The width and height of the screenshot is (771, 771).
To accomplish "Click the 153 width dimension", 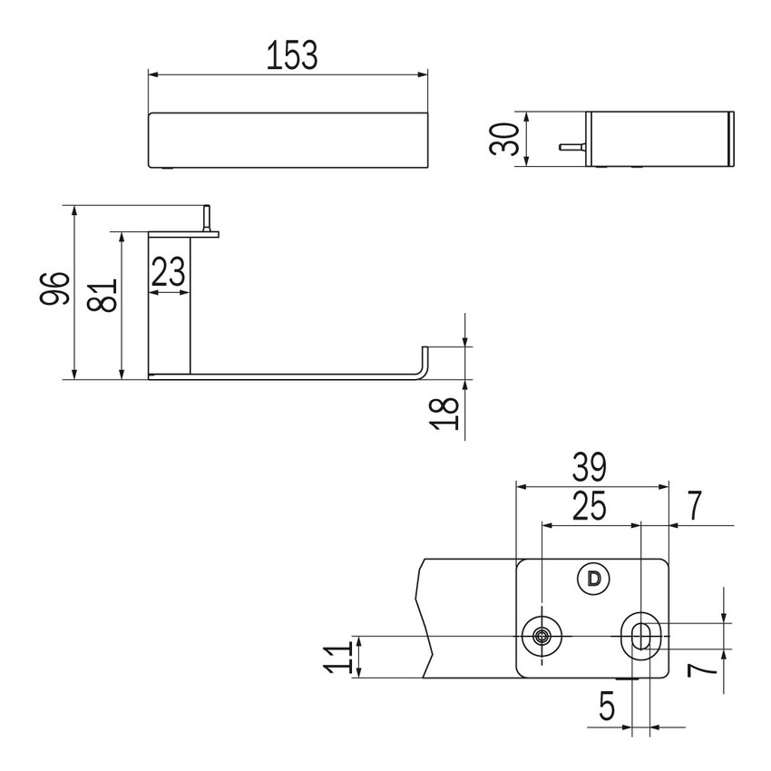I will click(292, 56).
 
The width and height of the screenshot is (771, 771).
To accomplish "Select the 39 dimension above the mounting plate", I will click(590, 467).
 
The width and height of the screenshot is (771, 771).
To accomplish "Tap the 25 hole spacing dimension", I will click(590, 506).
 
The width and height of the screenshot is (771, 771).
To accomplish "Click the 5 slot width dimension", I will click(607, 707).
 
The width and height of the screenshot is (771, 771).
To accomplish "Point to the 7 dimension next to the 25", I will click(694, 506).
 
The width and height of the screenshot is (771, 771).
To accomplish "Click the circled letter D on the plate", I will click(594, 579).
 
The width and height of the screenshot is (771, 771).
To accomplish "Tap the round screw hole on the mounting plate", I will click(542, 636).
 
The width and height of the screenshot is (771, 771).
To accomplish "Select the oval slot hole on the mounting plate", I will click(640, 636).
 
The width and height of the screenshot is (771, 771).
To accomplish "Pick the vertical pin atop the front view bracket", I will click(208, 219).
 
